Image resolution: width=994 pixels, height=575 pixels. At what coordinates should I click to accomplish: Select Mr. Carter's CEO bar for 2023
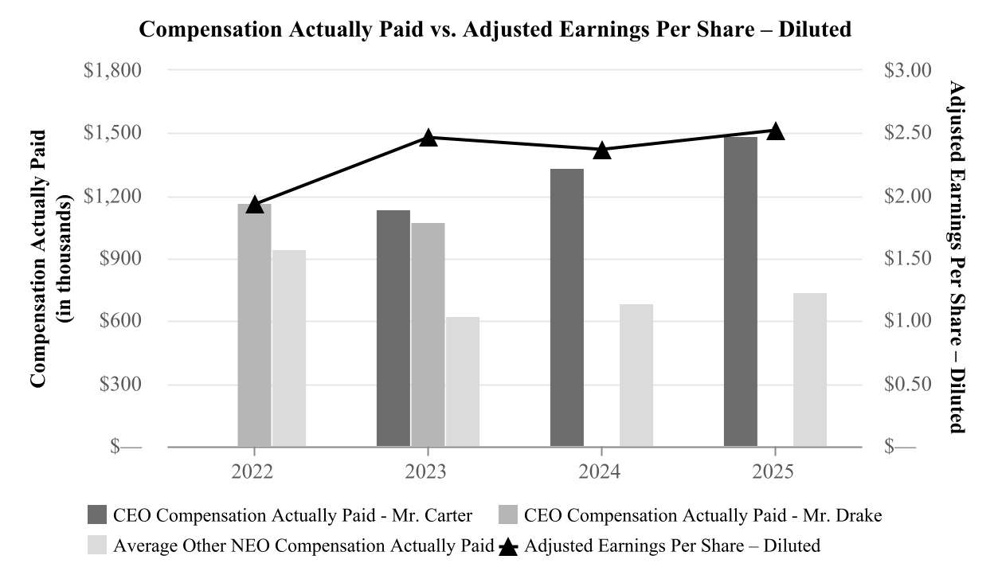[x=393, y=328]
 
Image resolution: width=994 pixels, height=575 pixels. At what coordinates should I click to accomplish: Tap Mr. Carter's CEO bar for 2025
[x=741, y=291]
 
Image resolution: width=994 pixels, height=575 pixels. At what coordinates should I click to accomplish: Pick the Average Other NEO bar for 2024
[x=636, y=375]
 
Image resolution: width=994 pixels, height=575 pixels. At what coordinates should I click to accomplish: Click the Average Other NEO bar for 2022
[x=289, y=348]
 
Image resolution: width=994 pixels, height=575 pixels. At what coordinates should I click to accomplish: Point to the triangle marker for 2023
[x=429, y=138]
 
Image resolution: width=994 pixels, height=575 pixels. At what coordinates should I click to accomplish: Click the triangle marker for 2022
[x=254, y=205]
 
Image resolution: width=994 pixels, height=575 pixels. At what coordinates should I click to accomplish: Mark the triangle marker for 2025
[x=775, y=131]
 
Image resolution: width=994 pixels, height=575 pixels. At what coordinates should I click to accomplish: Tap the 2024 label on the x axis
[x=601, y=472]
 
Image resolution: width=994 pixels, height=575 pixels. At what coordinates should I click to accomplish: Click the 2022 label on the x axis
[x=253, y=472]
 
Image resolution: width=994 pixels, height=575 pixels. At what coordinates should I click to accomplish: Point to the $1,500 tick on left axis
[x=113, y=133]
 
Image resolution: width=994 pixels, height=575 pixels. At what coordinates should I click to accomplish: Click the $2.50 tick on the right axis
[x=907, y=133]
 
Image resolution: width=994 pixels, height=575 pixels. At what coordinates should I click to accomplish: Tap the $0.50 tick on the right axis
[x=907, y=385]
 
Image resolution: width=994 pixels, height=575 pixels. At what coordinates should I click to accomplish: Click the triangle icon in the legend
[x=510, y=546]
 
